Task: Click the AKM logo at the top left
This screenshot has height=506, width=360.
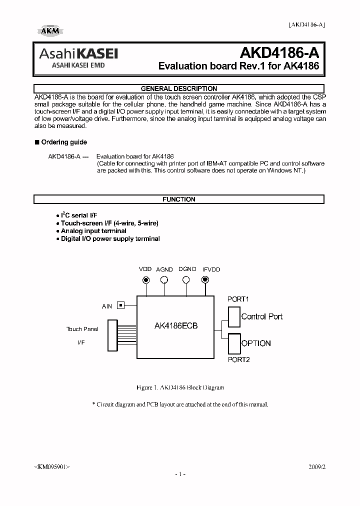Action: point(49,31)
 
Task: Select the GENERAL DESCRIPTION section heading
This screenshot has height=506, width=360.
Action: point(179,88)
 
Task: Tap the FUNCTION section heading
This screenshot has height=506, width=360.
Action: point(179,199)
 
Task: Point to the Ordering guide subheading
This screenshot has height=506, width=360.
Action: point(63,142)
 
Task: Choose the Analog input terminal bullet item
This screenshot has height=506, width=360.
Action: point(93,231)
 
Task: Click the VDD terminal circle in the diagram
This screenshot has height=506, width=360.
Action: point(146,280)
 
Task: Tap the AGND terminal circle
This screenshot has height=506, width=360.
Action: point(164,280)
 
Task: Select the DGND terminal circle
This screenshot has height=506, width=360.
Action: point(186,280)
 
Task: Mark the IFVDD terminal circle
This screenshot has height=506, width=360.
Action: point(205,280)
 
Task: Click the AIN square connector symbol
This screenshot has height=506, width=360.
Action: point(120,305)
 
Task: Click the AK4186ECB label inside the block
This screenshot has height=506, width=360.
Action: point(176,325)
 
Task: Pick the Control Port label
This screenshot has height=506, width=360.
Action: point(261,316)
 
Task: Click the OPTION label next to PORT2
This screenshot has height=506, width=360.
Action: point(256,343)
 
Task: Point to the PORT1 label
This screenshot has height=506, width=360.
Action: point(238,299)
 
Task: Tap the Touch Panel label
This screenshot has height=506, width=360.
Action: point(82,329)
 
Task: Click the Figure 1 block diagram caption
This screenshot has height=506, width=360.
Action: point(180,387)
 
